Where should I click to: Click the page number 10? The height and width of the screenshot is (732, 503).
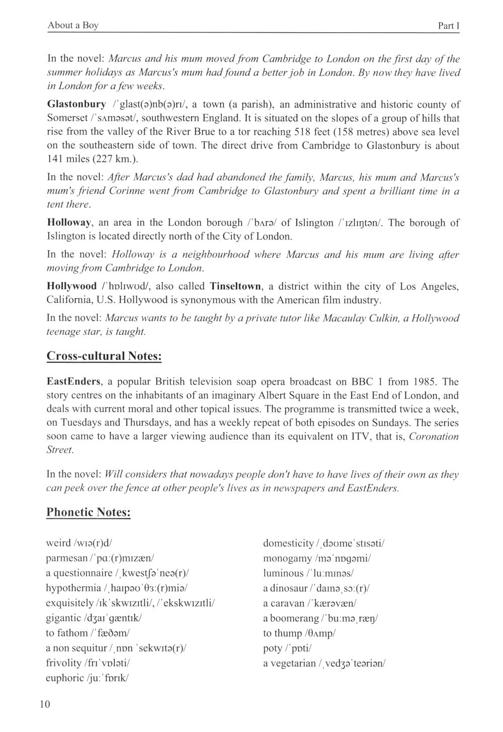(x=45, y=704)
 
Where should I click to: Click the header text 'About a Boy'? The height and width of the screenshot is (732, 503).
(x=73, y=26)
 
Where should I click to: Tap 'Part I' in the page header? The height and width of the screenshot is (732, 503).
(x=449, y=26)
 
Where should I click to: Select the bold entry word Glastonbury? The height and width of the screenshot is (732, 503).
(x=76, y=105)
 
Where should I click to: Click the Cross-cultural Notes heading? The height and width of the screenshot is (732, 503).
(x=104, y=356)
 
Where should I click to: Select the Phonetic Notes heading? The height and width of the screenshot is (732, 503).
(x=89, y=512)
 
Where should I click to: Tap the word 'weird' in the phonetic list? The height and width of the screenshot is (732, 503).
(x=58, y=543)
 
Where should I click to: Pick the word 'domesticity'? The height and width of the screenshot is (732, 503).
(x=288, y=543)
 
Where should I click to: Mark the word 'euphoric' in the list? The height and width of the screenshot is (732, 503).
(x=64, y=678)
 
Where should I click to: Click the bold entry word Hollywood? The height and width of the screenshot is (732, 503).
(x=71, y=286)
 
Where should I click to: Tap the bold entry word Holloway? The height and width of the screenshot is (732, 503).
(x=69, y=223)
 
